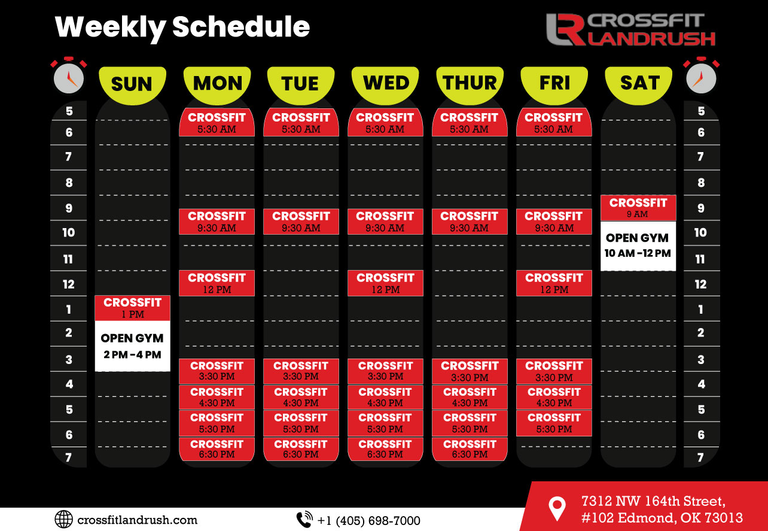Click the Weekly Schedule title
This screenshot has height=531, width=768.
[x=182, y=28]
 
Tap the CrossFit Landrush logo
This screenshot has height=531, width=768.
[x=631, y=29]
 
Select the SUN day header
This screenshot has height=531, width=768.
[x=132, y=85]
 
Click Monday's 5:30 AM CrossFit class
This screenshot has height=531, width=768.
[x=217, y=122]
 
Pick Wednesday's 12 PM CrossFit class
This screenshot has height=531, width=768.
[x=385, y=283]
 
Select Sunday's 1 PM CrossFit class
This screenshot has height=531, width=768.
[x=132, y=308]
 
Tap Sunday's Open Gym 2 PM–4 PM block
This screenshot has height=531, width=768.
[x=132, y=346]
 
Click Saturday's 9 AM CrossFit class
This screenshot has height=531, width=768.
[x=638, y=208]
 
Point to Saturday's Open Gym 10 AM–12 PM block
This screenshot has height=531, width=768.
[x=638, y=246]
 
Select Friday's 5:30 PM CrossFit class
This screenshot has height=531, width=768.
[x=554, y=423]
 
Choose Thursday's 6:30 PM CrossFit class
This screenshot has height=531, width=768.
[x=470, y=449]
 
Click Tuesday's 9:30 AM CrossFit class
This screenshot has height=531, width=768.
[x=301, y=221]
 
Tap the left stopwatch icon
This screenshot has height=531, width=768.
[x=69, y=75]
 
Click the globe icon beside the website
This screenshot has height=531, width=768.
[x=64, y=519]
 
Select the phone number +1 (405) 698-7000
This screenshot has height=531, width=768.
[x=369, y=521]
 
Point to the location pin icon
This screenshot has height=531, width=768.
[x=557, y=508]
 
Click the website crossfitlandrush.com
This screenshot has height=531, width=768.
[x=137, y=520]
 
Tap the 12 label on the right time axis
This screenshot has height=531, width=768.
[x=701, y=284]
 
